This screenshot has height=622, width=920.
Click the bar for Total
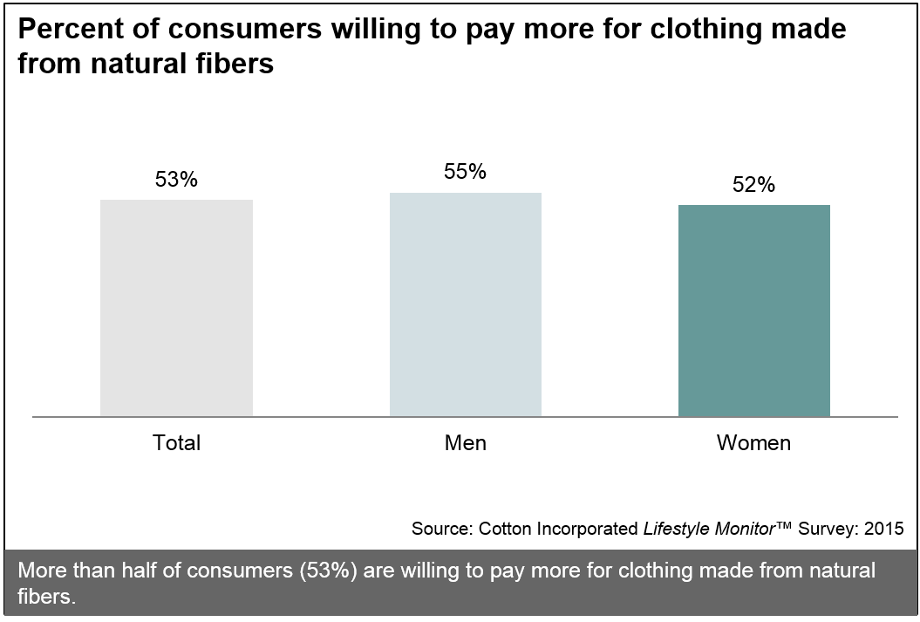pos(176,308)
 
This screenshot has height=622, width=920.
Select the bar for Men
pos(465,304)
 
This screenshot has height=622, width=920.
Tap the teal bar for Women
pos(754,311)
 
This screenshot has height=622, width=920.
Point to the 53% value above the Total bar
pos(176,180)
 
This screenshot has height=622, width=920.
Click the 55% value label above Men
pos(465,172)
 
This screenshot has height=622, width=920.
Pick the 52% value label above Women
pos(754,185)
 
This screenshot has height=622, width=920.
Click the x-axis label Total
pos(177,443)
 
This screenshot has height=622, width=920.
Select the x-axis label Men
pos(465,443)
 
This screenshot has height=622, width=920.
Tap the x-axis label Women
pos(753,443)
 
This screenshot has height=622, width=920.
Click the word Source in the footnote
pos(441,529)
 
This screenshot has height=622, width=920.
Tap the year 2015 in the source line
pos(885,529)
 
